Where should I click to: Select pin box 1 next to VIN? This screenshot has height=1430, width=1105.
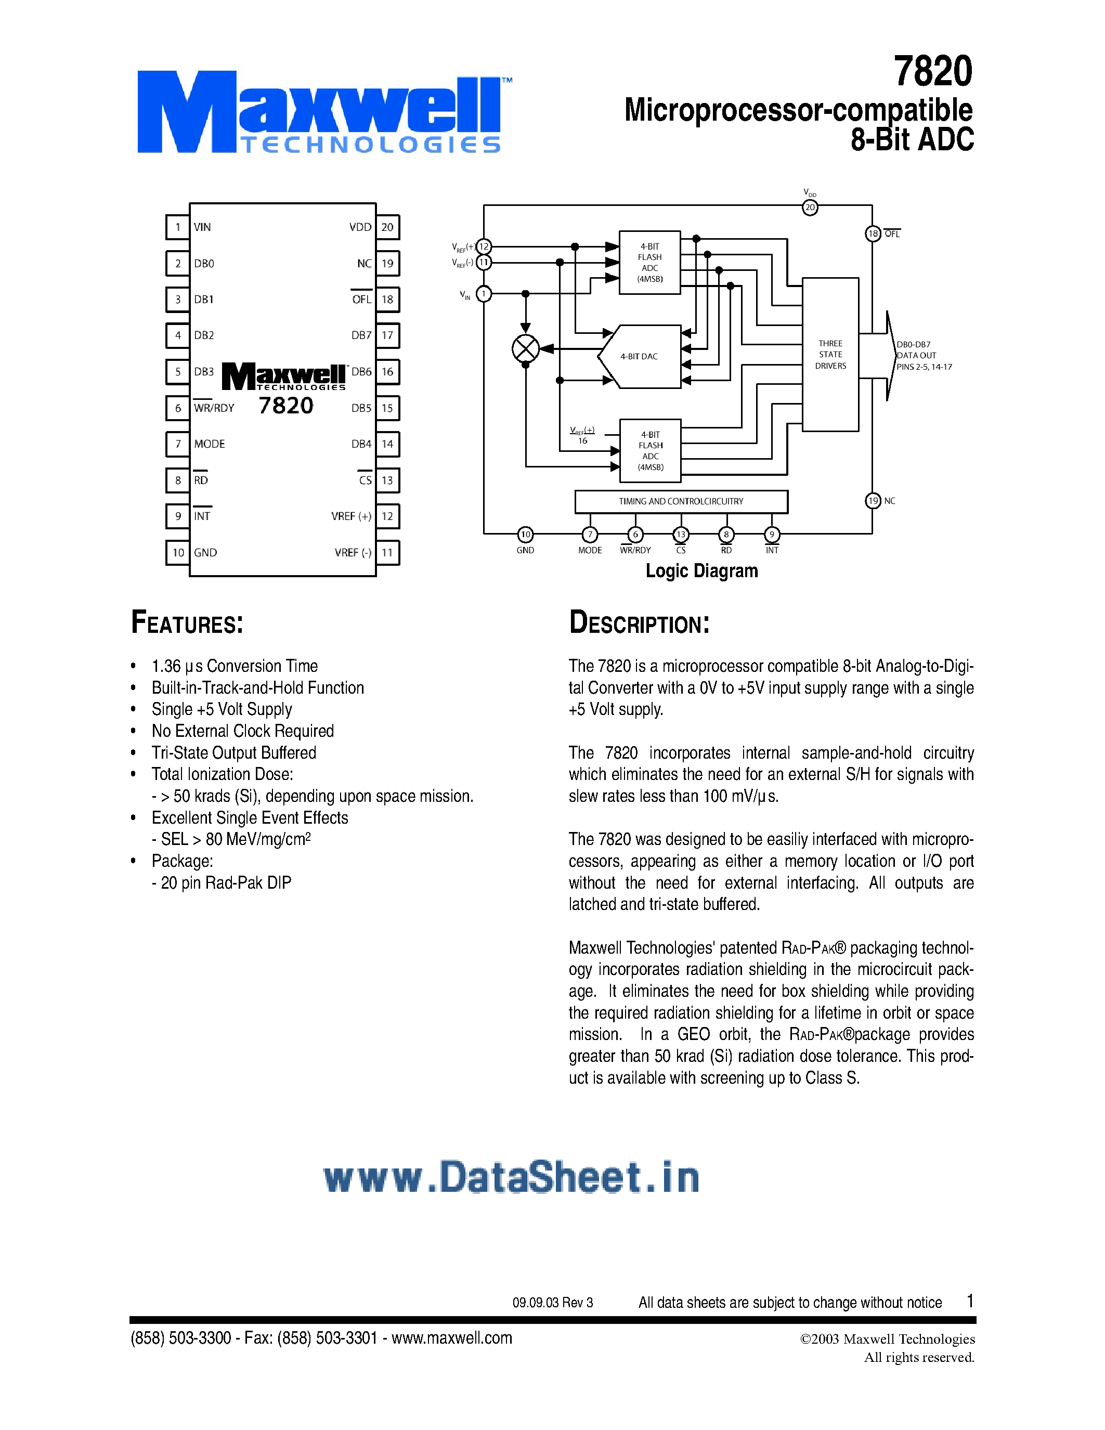[177, 227]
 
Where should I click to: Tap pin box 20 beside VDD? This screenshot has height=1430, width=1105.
[387, 227]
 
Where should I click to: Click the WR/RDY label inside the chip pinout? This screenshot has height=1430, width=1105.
[214, 408]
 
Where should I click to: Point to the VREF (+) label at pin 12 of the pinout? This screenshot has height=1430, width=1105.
[351, 516]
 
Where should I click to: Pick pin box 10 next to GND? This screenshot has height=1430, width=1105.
[178, 553]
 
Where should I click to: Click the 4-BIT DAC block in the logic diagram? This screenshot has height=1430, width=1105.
[640, 356]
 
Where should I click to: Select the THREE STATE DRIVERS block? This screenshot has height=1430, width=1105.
[830, 354]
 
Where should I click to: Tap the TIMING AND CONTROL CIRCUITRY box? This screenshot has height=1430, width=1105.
[681, 502]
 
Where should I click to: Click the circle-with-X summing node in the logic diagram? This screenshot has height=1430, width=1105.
[525, 348]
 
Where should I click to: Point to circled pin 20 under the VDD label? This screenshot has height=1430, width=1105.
[810, 207]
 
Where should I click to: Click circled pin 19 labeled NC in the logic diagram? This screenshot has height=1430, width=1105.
[873, 501]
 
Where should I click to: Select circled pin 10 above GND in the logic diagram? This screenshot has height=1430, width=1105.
[525, 534]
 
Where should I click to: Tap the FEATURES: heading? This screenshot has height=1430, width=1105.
[187, 622]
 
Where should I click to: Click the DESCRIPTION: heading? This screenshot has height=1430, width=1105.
[639, 622]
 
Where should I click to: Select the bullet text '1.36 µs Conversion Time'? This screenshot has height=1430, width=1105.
[235, 666]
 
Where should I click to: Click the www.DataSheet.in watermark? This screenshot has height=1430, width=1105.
[511, 1177]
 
